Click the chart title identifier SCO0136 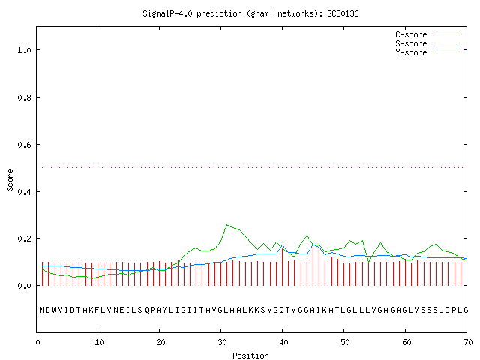(x=343, y=13)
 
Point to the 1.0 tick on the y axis (x=24, y=50)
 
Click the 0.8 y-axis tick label (x=24, y=97)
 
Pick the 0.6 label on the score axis (x=24, y=145)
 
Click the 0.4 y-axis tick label (x=24, y=192)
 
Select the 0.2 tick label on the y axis (x=24, y=238)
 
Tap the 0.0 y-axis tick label (x=24, y=286)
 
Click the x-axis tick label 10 (x=99, y=342)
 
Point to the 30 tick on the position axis (x=222, y=342)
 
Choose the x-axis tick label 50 (x=345, y=342)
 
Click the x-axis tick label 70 (x=468, y=342)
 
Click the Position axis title (x=250, y=355)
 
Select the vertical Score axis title (x=10, y=181)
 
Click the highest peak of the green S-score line (x=226, y=225)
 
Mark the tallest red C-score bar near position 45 (x=313, y=265)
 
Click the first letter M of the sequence (x=42, y=310)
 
